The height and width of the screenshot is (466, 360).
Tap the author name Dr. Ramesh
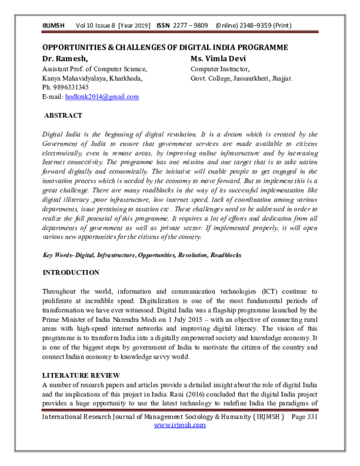[65, 58]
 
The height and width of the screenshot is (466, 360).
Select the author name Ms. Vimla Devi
[219, 58]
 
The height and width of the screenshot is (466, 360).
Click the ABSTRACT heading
[64, 115]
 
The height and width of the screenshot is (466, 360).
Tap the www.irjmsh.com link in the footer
[179, 425]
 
